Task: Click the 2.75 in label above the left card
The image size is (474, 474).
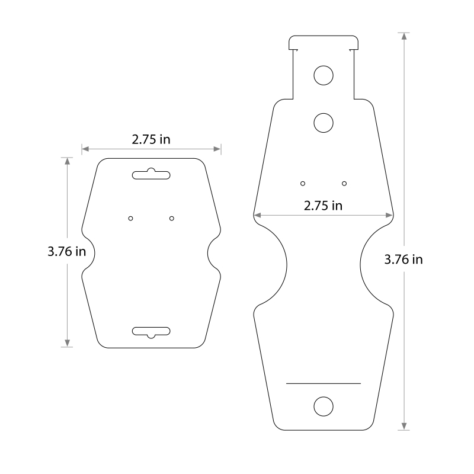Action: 151,139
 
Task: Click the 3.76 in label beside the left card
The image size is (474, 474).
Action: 67,251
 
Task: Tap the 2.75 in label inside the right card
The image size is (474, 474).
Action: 323,206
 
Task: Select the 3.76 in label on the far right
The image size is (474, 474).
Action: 403,260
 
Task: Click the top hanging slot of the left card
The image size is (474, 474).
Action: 151,174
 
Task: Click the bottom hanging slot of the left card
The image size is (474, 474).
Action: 151,332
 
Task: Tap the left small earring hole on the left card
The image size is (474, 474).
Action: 130,218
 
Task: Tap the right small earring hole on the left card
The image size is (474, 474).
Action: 172,218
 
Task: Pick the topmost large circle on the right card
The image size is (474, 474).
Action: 324,75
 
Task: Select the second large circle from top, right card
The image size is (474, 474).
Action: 324,123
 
